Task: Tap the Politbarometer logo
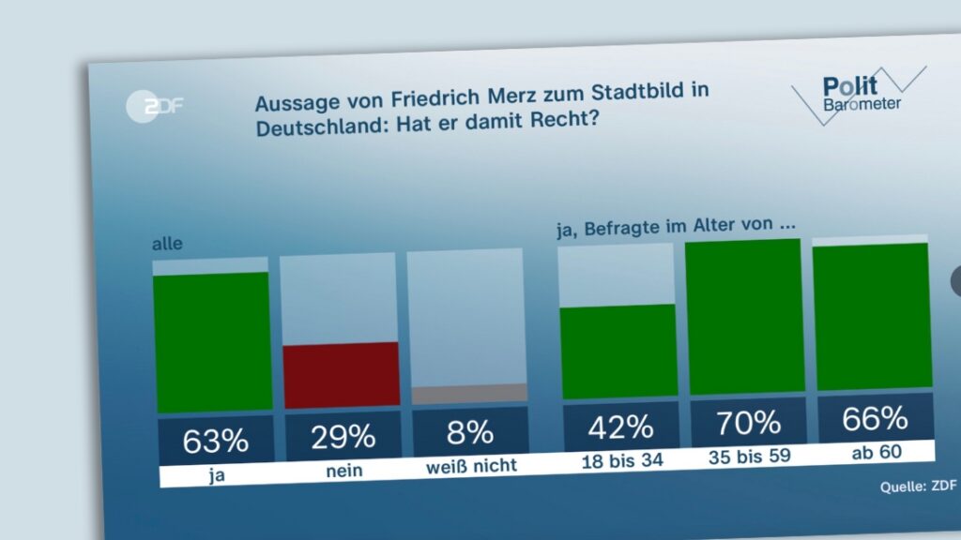[x=856, y=94]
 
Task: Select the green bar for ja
[x=212, y=342]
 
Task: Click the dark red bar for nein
[x=341, y=375]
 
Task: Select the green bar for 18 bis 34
[x=618, y=351]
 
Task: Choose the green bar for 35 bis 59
[x=745, y=317]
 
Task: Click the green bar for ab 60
[x=872, y=316]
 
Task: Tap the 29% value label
[x=343, y=436]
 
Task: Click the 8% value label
[x=470, y=432]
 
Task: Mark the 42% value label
[x=620, y=427]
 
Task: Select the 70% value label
[x=748, y=422]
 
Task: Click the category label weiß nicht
[x=470, y=466]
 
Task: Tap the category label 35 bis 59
[x=748, y=456]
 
